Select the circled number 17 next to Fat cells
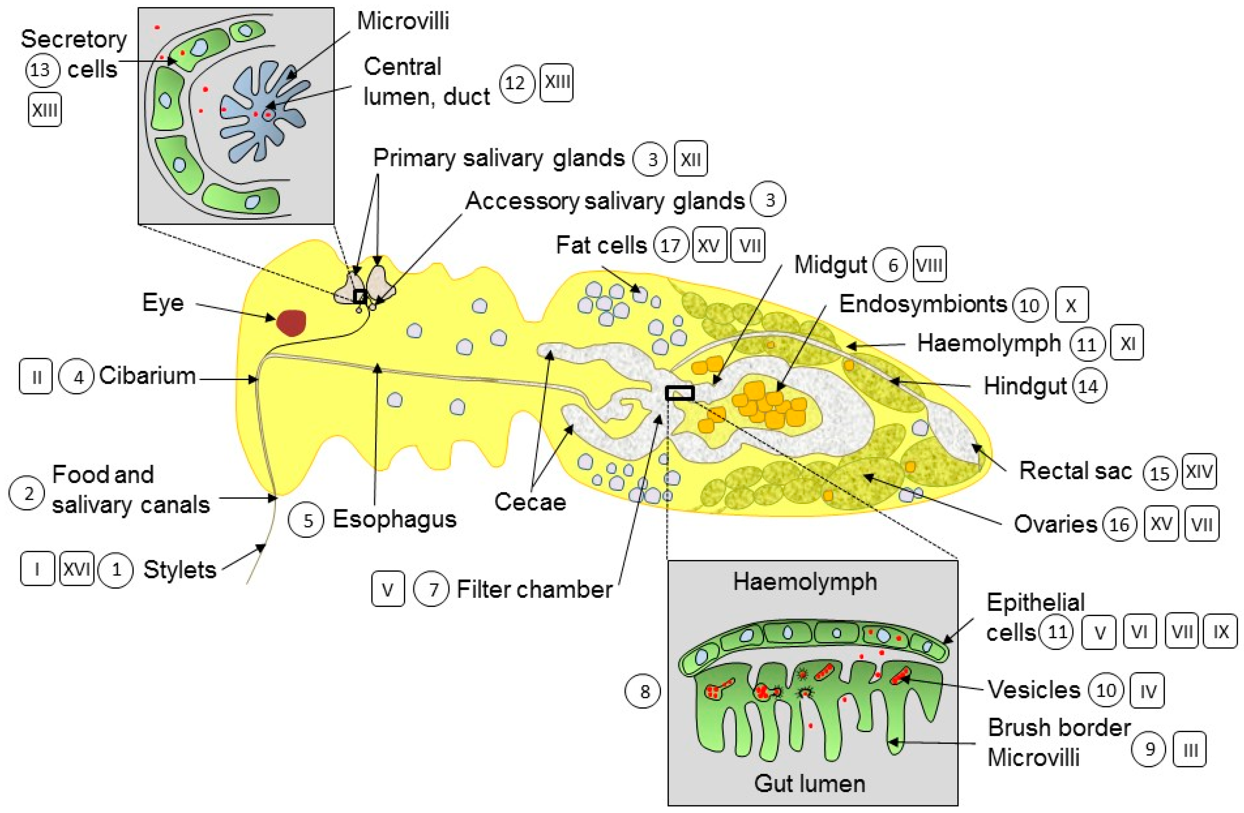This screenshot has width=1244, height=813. tap(671, 246)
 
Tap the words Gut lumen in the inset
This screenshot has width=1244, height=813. tap(809, 783)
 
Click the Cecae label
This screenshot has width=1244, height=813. tap(530, 502)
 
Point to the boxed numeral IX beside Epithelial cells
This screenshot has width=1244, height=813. tap(1220, 632)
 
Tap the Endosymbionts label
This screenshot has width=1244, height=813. tap(922, 304)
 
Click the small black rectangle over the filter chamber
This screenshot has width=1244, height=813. tap(680, 393)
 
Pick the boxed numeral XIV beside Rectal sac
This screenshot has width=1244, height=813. tap(1199, 472)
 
